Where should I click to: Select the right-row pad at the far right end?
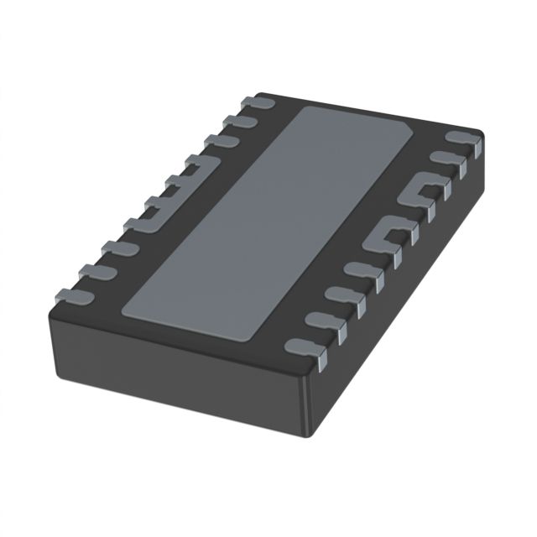click(462, 138)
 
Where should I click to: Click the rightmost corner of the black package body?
click(483, 134)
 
